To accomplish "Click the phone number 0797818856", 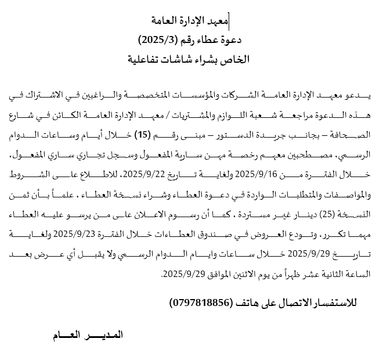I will click(200, 303).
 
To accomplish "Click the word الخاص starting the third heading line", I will click(236, 59).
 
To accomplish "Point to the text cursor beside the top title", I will click(230, 21).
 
